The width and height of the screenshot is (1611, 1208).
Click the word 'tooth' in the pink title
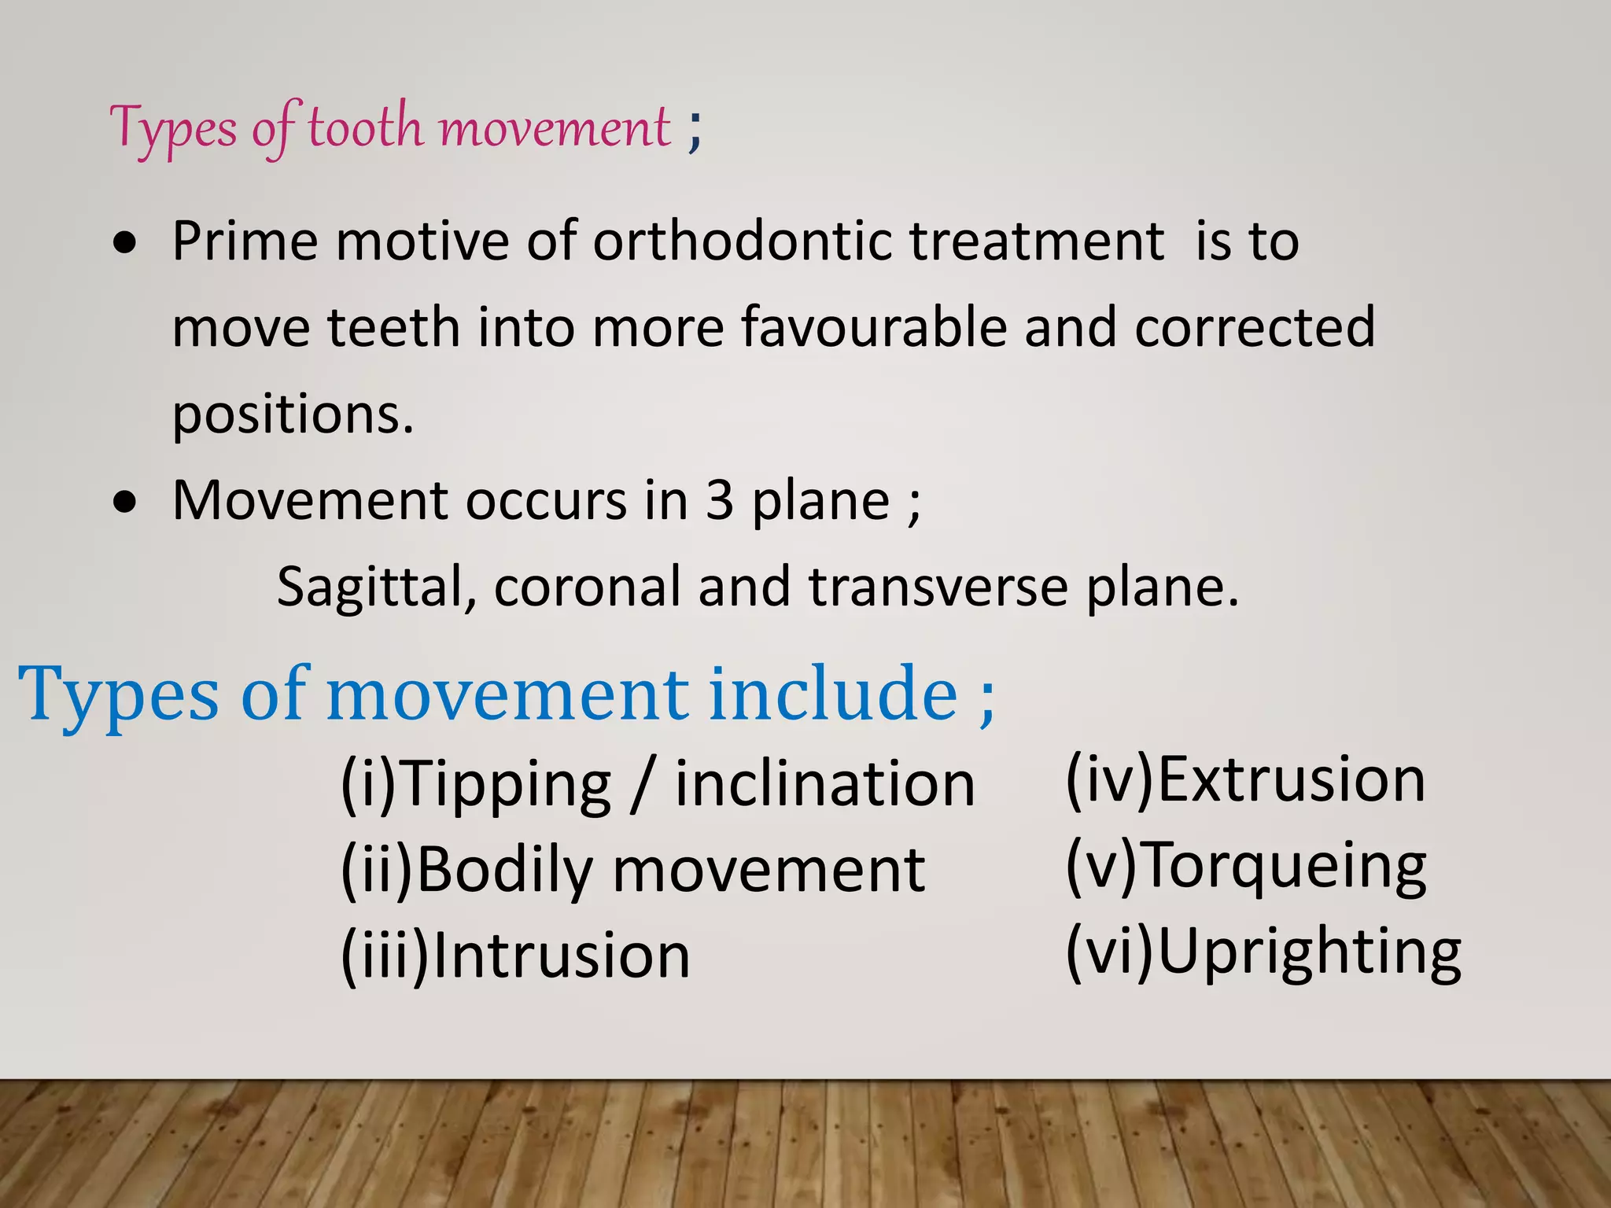[365, 127]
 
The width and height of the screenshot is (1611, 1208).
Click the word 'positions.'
[293, 414]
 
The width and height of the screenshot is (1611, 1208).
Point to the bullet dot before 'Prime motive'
[124, 245]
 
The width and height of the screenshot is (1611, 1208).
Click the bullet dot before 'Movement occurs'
[124, 503]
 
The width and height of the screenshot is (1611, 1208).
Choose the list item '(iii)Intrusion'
[515, 957]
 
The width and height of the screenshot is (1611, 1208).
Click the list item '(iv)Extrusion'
[1245, 780]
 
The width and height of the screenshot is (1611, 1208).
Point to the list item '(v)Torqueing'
[1245, 866]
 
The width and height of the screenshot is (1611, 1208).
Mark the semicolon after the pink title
[694, 130]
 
